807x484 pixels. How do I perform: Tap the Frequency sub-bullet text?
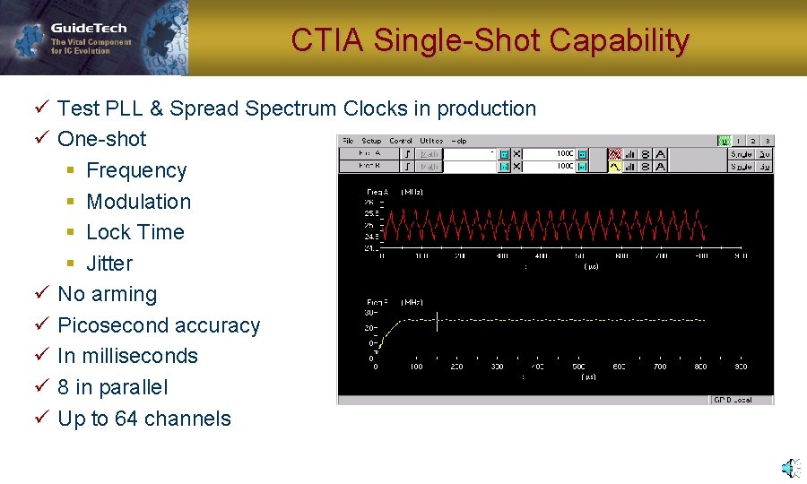136,170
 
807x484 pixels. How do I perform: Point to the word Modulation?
138,202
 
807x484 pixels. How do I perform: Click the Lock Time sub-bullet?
134,232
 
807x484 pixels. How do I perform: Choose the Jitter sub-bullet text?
108,264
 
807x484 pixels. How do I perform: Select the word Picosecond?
110,325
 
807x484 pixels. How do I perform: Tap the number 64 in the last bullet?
126,419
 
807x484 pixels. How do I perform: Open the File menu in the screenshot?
348,141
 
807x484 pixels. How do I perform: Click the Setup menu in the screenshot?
371,141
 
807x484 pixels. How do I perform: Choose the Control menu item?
401,141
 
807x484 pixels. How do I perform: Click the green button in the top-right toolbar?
724,141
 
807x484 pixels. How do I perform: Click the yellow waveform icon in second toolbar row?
615,166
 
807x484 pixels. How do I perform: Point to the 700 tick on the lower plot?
660,367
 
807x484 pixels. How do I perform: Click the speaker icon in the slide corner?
788,468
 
